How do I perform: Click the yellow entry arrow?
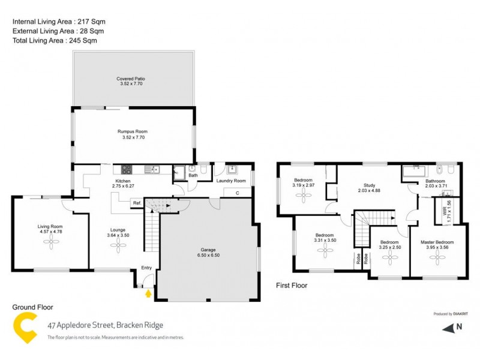point(148,293)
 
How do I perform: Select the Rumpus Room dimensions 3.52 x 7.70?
point(133,137)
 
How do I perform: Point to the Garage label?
point(208,249)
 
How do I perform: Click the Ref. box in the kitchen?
point(137,203)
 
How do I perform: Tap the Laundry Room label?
point(231,181)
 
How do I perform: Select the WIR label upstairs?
point(445,210)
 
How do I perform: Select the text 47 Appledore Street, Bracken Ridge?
point(105,326)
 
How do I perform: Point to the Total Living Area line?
point(54,41)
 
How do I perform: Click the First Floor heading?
point(291,286)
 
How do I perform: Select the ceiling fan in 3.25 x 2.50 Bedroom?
point(391,257)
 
